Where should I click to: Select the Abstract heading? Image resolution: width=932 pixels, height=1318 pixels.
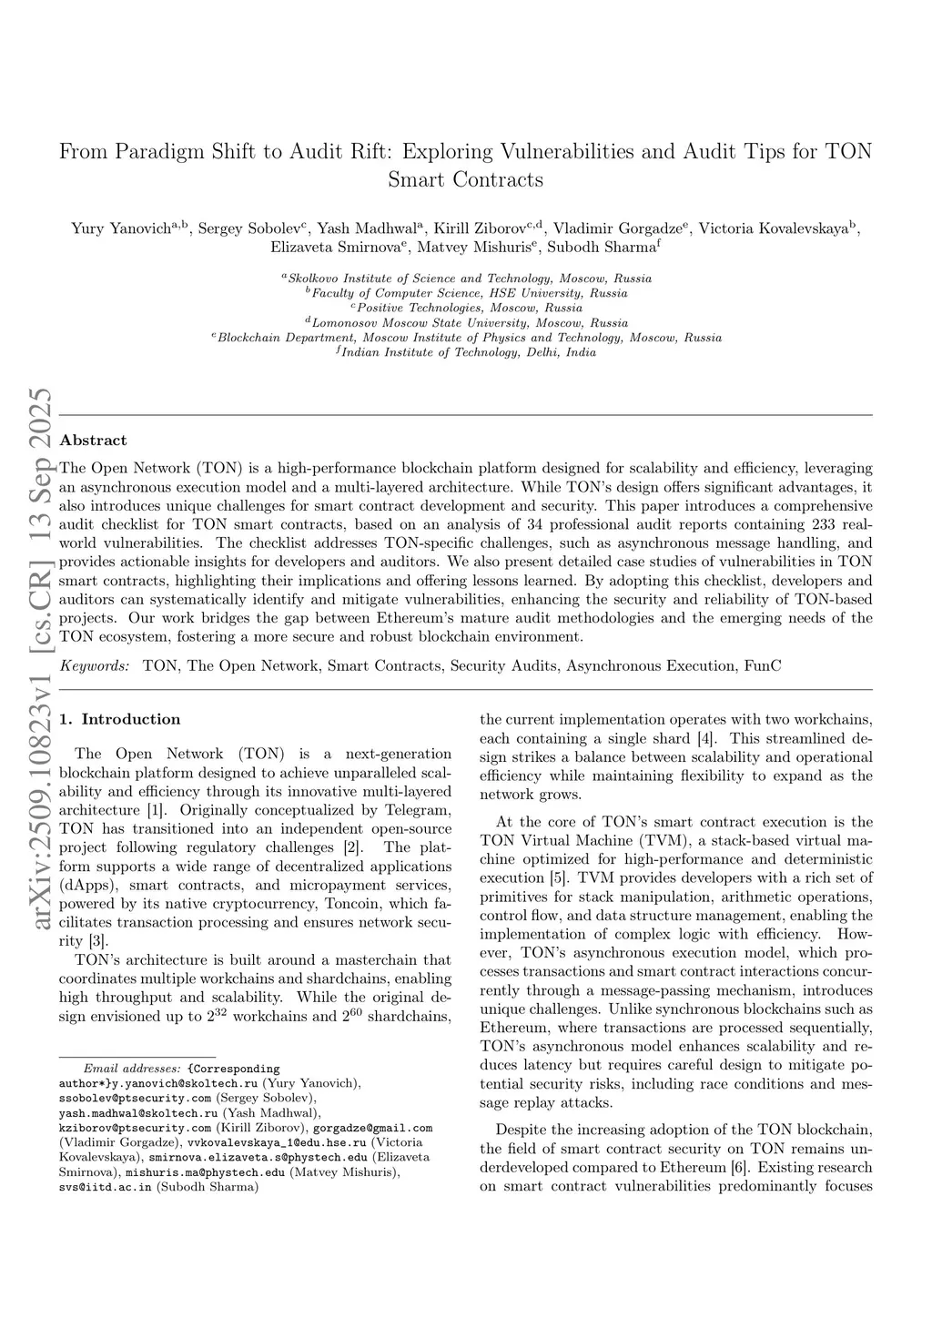pyautogui.click(x=93, y=441)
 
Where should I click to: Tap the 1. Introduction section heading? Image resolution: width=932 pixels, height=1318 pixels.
pyautogui.click(x=119, y=719)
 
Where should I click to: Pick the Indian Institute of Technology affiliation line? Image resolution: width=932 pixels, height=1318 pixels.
pyautogui.click(x=466, y=352)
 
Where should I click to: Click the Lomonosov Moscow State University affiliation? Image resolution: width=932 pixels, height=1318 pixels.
pyautogui.click(x=466, y=323)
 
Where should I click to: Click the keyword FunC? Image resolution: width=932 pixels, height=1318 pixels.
pyautogui.click(x=762, y=666)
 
